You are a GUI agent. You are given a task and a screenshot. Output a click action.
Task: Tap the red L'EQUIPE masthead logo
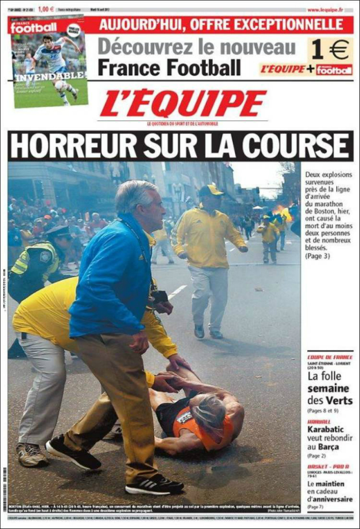pyautogui.click(x=183, y=104)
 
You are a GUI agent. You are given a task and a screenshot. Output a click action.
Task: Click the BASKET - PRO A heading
pyautogui.click(x=328, y=467)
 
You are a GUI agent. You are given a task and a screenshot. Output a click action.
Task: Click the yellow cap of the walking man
pyautogui.click(x=210, y=190)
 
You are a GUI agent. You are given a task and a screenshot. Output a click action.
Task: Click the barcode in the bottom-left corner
pyautogui.click(x=5, y=489)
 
